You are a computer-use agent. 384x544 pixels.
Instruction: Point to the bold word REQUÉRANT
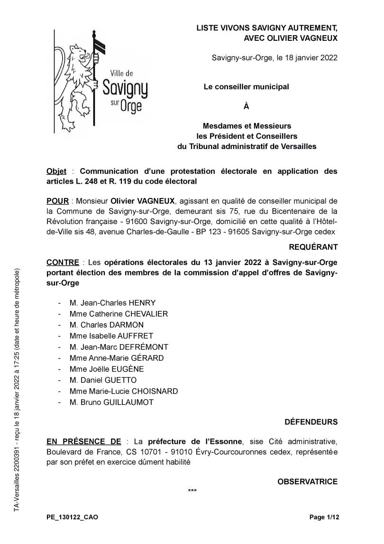click(313, 247)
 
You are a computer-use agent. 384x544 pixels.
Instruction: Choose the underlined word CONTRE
click(62, 262)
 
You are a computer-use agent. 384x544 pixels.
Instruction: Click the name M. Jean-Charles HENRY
click(112, 303)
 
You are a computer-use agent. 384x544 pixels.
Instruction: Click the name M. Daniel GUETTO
click(102, 380)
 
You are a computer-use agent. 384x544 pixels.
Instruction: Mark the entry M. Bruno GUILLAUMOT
click(111, 402)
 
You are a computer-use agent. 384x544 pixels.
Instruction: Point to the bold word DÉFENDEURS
click(311, 422)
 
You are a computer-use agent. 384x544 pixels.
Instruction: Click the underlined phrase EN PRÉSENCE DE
click(83, 441)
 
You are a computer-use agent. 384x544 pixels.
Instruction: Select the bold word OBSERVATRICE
click(307, 482)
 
